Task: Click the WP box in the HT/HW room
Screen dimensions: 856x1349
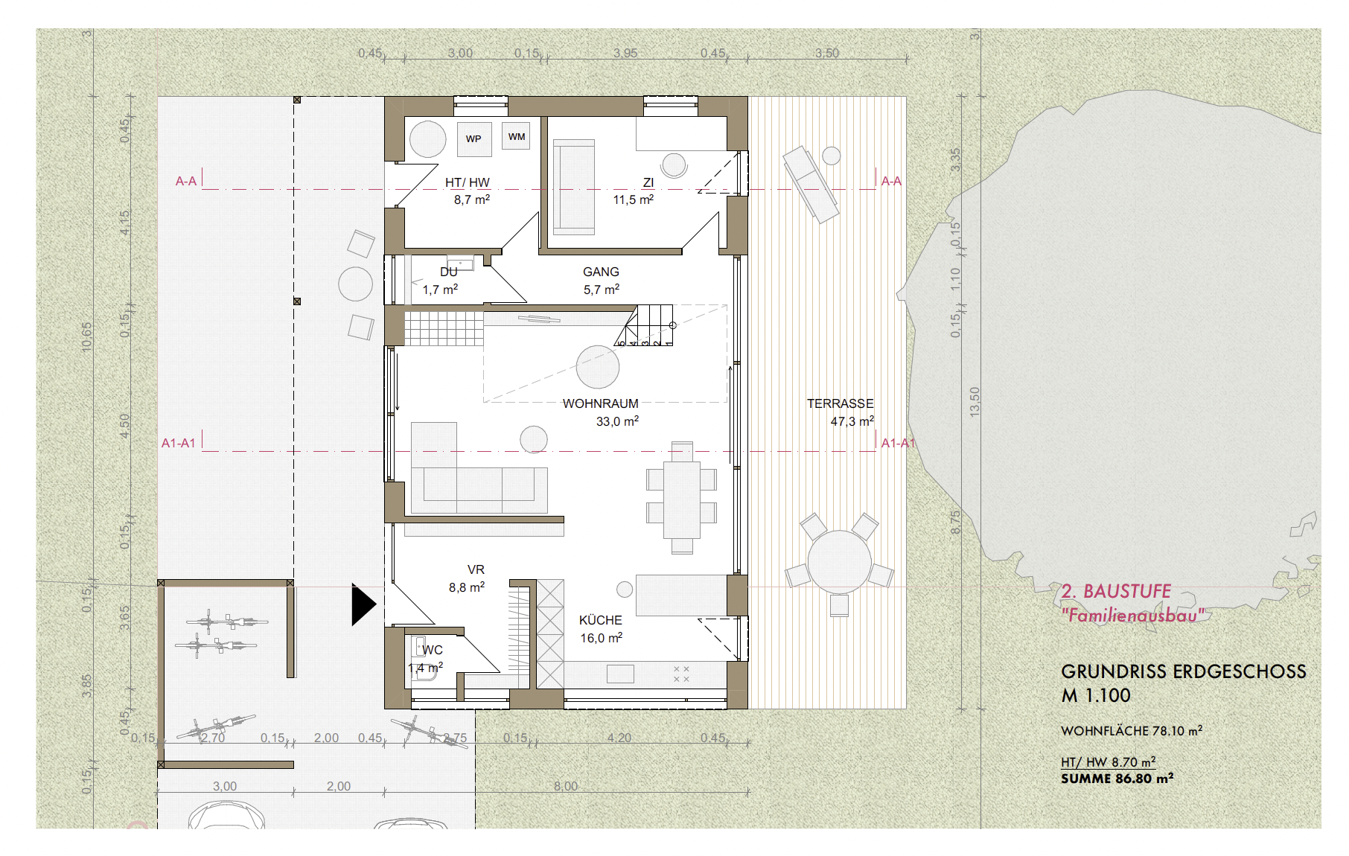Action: pyautogui.click(x=473, y=139)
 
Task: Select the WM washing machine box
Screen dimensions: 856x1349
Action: pyautogui.click(x=516, y=136)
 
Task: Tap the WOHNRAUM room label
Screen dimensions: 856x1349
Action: pyautogui.click(x=600, y=403)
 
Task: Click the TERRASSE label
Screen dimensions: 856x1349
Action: pyautogui.click(x=840, y=403)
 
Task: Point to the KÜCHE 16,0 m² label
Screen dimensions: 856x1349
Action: pyautogui.click(x=600, y=629)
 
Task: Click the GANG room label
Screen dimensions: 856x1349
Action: pyautogui.click(x=601, y=272)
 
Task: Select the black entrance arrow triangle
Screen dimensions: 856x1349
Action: pyautogui.click(x=363, y=604)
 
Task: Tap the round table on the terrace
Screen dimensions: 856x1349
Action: pyautogui.click(x=839, y=561)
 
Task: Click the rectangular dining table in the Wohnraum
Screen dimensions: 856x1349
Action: pyautogui.click(x=681, y=499)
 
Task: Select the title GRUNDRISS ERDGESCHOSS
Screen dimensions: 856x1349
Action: pyautogui.click(x=1183, y=671)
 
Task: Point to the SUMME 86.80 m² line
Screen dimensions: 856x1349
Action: pyautogui.click(x=1117, y=779)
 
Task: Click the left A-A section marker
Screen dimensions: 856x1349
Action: pyautogui.click(x=186, y=181)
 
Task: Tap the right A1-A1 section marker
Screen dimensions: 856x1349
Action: pyautogui.click(x=897, y=443)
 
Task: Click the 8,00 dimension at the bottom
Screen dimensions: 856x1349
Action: pyautogui.click(x=565, y=786)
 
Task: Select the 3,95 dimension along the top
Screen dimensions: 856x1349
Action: pyautogui.click(x=625, y=53)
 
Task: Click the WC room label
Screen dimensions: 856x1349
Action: pyautogui.click(x=432, y=650)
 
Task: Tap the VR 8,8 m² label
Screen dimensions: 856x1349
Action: pyautogui.click(x=468, y=578)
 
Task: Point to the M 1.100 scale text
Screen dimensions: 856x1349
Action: pyautogui.click(x=1095, y=696)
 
